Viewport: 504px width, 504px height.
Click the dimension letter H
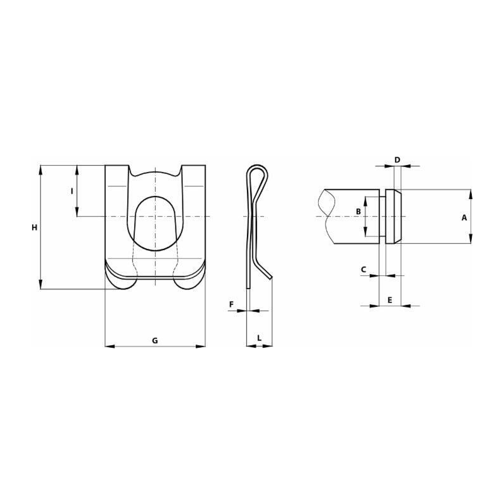coord(35,227)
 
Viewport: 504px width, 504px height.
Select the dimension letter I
coord(72,192)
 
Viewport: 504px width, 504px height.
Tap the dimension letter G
coord(155,340)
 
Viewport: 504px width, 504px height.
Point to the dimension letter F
coord(231,304)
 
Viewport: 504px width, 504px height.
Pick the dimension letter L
coord(260,338)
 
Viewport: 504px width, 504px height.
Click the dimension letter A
coord(464,217)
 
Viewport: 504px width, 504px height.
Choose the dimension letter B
coord(358,212)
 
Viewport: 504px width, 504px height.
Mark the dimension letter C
coord(364,270)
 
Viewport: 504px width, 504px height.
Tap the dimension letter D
coord(398,160)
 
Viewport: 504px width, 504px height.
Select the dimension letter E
coord(390,300)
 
